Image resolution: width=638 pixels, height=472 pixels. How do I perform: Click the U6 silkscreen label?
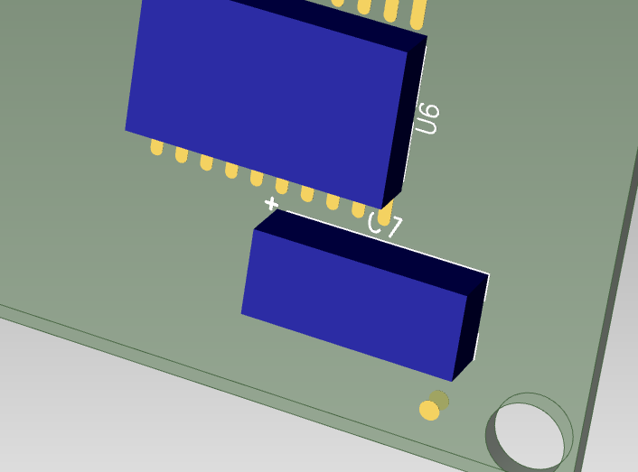427,118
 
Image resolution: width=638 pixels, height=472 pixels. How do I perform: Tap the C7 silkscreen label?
385,226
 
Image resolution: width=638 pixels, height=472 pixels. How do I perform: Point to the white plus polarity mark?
271,203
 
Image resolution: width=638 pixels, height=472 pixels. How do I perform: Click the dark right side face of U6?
405,122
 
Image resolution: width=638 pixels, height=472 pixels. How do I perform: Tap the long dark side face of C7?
371,252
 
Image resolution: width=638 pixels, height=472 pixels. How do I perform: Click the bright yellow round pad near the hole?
429,411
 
